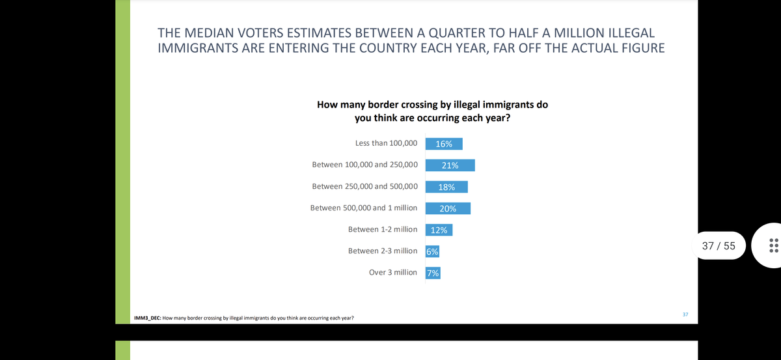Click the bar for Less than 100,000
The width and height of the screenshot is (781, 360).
click(x=444, y=144)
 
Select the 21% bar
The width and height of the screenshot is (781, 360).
click(x=450, y=165)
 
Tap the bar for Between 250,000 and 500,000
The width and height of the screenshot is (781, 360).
click(x=446, y=187)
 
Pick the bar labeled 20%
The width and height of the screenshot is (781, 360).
click(x=448, y=208)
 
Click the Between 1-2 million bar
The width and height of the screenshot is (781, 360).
click(x=439, y=230)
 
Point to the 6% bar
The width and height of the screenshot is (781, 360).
click(x=432, y=251)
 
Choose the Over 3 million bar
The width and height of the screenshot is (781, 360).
click(x=433, y=273)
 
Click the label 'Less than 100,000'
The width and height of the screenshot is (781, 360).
click(x=386, y=143)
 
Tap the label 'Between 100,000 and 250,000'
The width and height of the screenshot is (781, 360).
click(x=365, y=165)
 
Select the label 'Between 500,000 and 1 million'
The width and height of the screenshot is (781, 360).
click(x=364, y=208)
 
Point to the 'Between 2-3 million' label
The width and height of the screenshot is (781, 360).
click(x=383, y=251)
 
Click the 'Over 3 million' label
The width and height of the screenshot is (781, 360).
click(x=393, y=272)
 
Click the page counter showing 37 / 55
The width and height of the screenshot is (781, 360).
click(x=719, y=245)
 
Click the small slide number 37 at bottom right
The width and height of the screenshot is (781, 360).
click(x=685, y=314)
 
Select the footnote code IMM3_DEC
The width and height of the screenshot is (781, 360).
click(x=146, y=319)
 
